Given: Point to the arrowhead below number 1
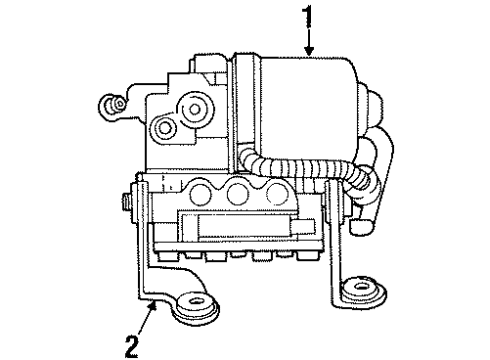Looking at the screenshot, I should coord(309,51).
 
